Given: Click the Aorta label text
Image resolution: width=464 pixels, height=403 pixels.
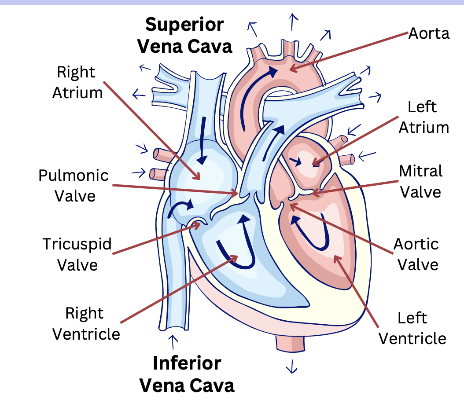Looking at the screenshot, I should tap(429, 33).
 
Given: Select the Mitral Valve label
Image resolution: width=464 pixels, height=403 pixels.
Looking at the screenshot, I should tap(420, 181).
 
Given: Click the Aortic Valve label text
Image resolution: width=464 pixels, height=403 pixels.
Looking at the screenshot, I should tap(416, 254).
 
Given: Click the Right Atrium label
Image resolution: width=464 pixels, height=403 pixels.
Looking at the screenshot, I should tap(77, 82).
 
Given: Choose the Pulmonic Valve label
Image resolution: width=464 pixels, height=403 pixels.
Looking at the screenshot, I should tap(73, 185).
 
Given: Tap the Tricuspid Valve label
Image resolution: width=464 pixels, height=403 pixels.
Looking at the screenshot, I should tap(77, 254).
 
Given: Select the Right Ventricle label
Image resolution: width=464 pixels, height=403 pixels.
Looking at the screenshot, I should tap(86, 323).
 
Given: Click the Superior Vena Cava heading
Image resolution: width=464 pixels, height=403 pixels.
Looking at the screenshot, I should tap(185, 35).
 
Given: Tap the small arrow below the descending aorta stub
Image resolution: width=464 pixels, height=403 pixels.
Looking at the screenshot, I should tap(291, 366).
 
